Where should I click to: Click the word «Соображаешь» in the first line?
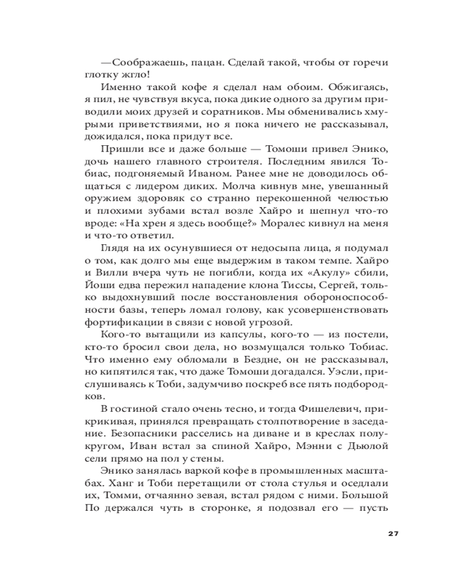click(x=145, y=62)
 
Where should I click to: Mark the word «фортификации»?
click(x=121, y=323)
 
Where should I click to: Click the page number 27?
click(x=391, y=534)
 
